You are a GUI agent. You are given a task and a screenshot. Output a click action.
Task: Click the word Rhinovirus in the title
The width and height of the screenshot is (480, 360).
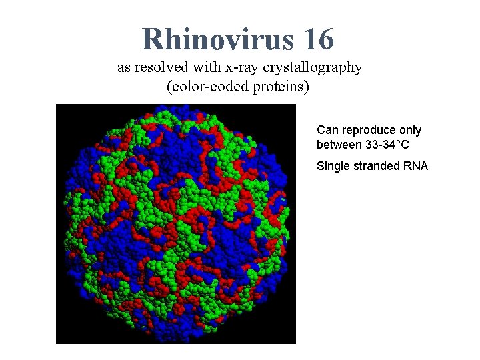coord(217,39)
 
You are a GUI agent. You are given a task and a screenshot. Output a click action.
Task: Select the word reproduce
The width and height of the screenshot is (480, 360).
coord(369,131)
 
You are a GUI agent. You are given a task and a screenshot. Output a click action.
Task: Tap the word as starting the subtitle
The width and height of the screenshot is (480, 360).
coord(124,68)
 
